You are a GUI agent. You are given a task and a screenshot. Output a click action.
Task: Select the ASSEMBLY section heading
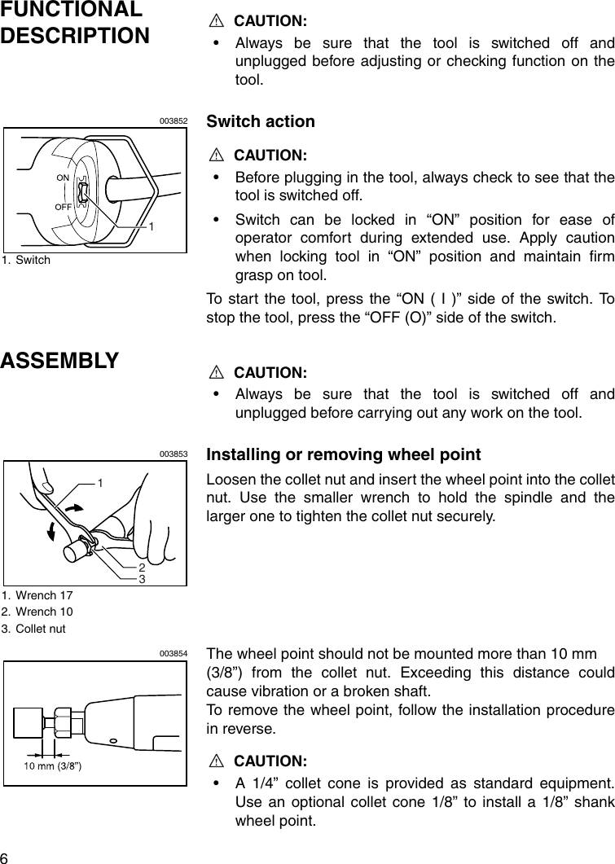pyautogui.click(x=60, y=360)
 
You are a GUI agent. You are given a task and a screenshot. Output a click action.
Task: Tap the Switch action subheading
pyautogui.click(x=261, y=121)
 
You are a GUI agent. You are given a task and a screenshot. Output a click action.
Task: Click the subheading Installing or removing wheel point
pyautogui.click(x=344, y=454)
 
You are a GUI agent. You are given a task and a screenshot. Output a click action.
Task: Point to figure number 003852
pyautogui.click(x=174, y=121)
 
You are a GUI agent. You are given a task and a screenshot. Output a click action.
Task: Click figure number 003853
pyautogui.click(x=174, y=454)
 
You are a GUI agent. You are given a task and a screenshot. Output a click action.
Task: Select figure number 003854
pyautogui.click(x=174, y=653)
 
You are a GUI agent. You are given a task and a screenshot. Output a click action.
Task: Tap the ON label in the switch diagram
pyautogui.click(x=63, y=177)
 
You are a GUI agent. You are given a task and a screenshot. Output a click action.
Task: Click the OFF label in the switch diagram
pyautogui.click(x=64, y=207)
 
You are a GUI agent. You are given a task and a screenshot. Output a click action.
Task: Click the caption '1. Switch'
pyautogui.click(x=26, y=260)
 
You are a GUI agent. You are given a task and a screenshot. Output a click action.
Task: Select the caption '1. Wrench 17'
pyautogui.click(x=37, y=595)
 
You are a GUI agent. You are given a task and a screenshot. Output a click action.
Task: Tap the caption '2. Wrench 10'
pyautogui.click(x=37, y=612)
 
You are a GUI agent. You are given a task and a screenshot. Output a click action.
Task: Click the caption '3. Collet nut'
pyautogui.click(x=33, y=629)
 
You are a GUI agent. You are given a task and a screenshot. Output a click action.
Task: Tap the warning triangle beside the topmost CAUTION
pyautogui.click(x=216, y=20)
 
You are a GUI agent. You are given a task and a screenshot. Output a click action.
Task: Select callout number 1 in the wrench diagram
pyautogui.click(x=100, y=483)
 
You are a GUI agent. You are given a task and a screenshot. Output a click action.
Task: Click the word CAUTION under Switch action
pyautogui.click(x=270, y=155)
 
